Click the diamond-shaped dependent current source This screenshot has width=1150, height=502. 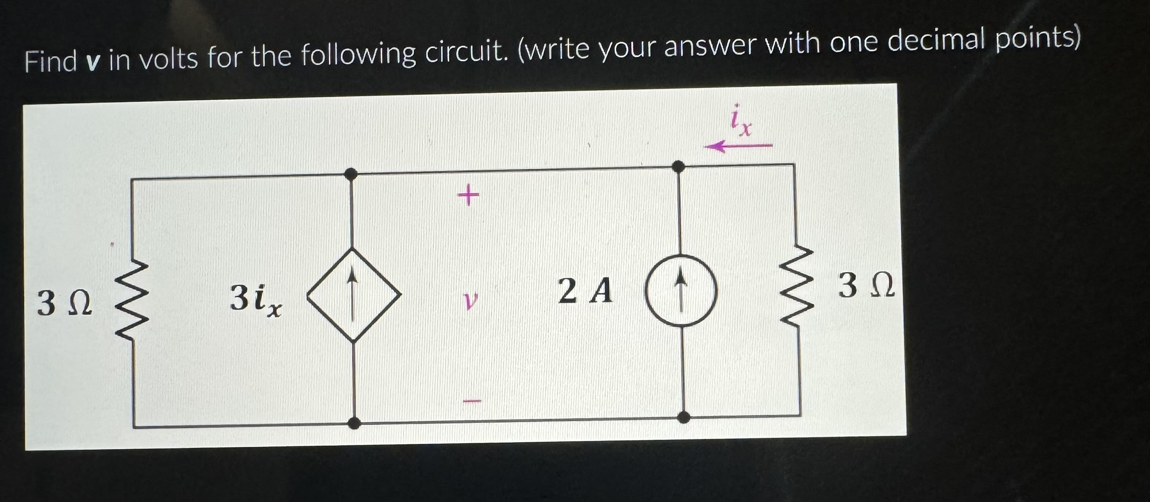354,295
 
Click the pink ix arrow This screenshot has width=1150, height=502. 738,146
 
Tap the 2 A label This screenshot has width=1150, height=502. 585,291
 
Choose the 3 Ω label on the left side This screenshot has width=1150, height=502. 65,303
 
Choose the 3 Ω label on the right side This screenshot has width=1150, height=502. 866,286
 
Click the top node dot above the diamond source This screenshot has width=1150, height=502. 351,173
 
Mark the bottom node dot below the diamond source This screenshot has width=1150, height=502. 354,423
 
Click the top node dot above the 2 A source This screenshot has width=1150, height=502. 678,167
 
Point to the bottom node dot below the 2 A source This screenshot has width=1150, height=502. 683,417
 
